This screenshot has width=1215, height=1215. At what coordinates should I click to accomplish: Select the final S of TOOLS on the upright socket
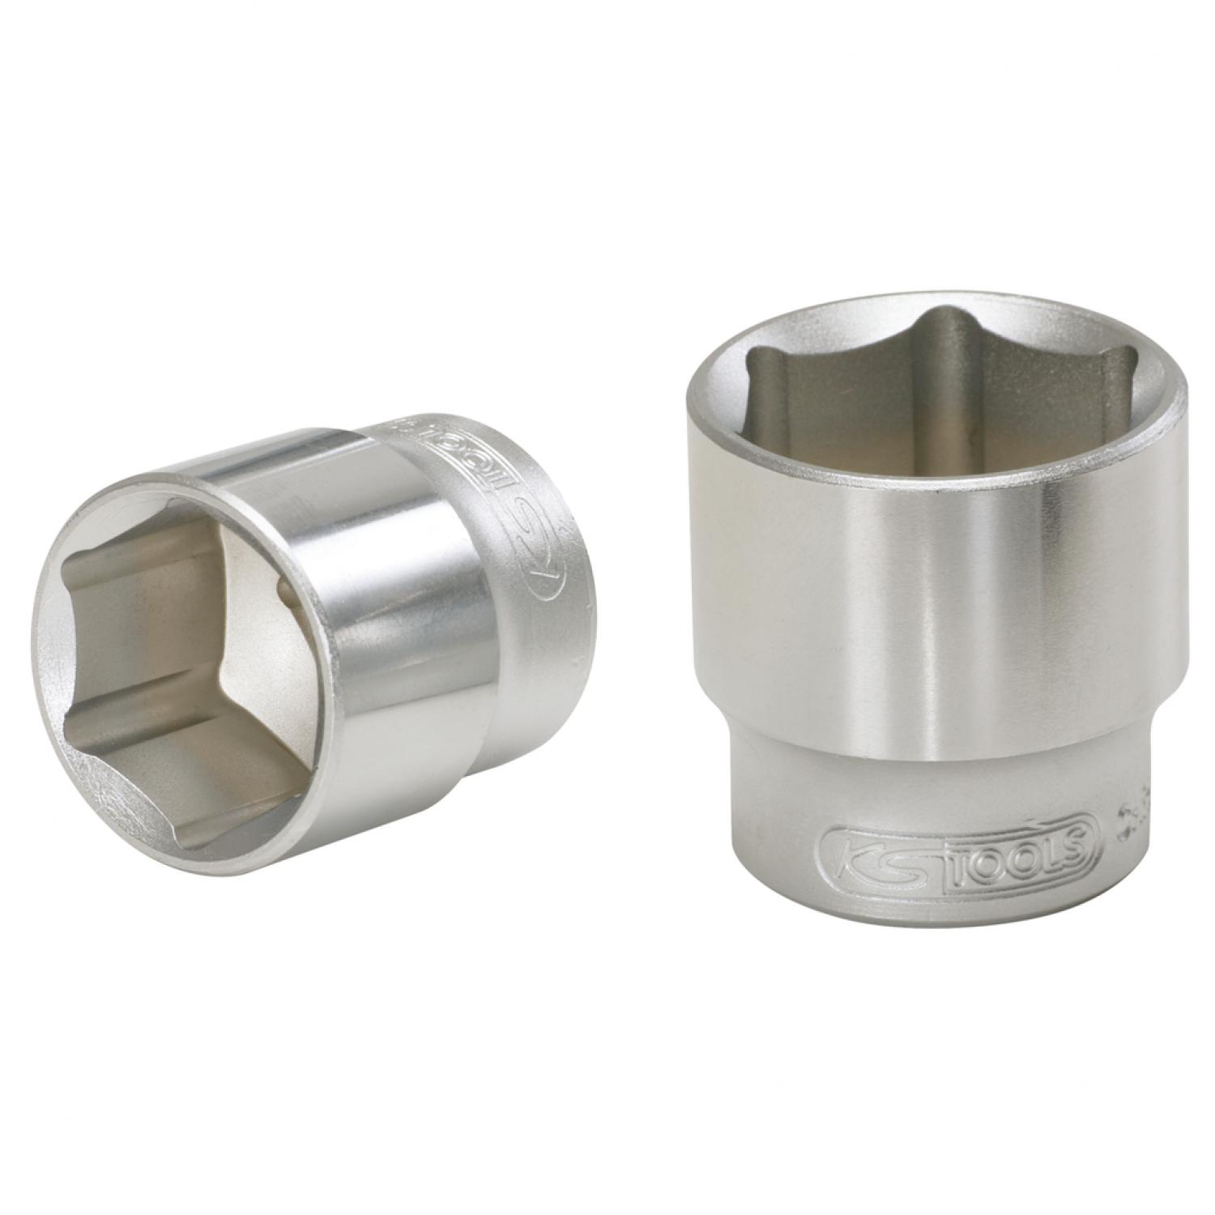[x=1082, y=842]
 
